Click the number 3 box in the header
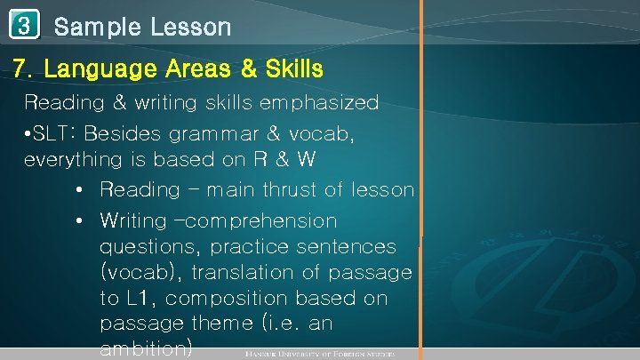click(26, 27)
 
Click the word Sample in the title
click(92, 27)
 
